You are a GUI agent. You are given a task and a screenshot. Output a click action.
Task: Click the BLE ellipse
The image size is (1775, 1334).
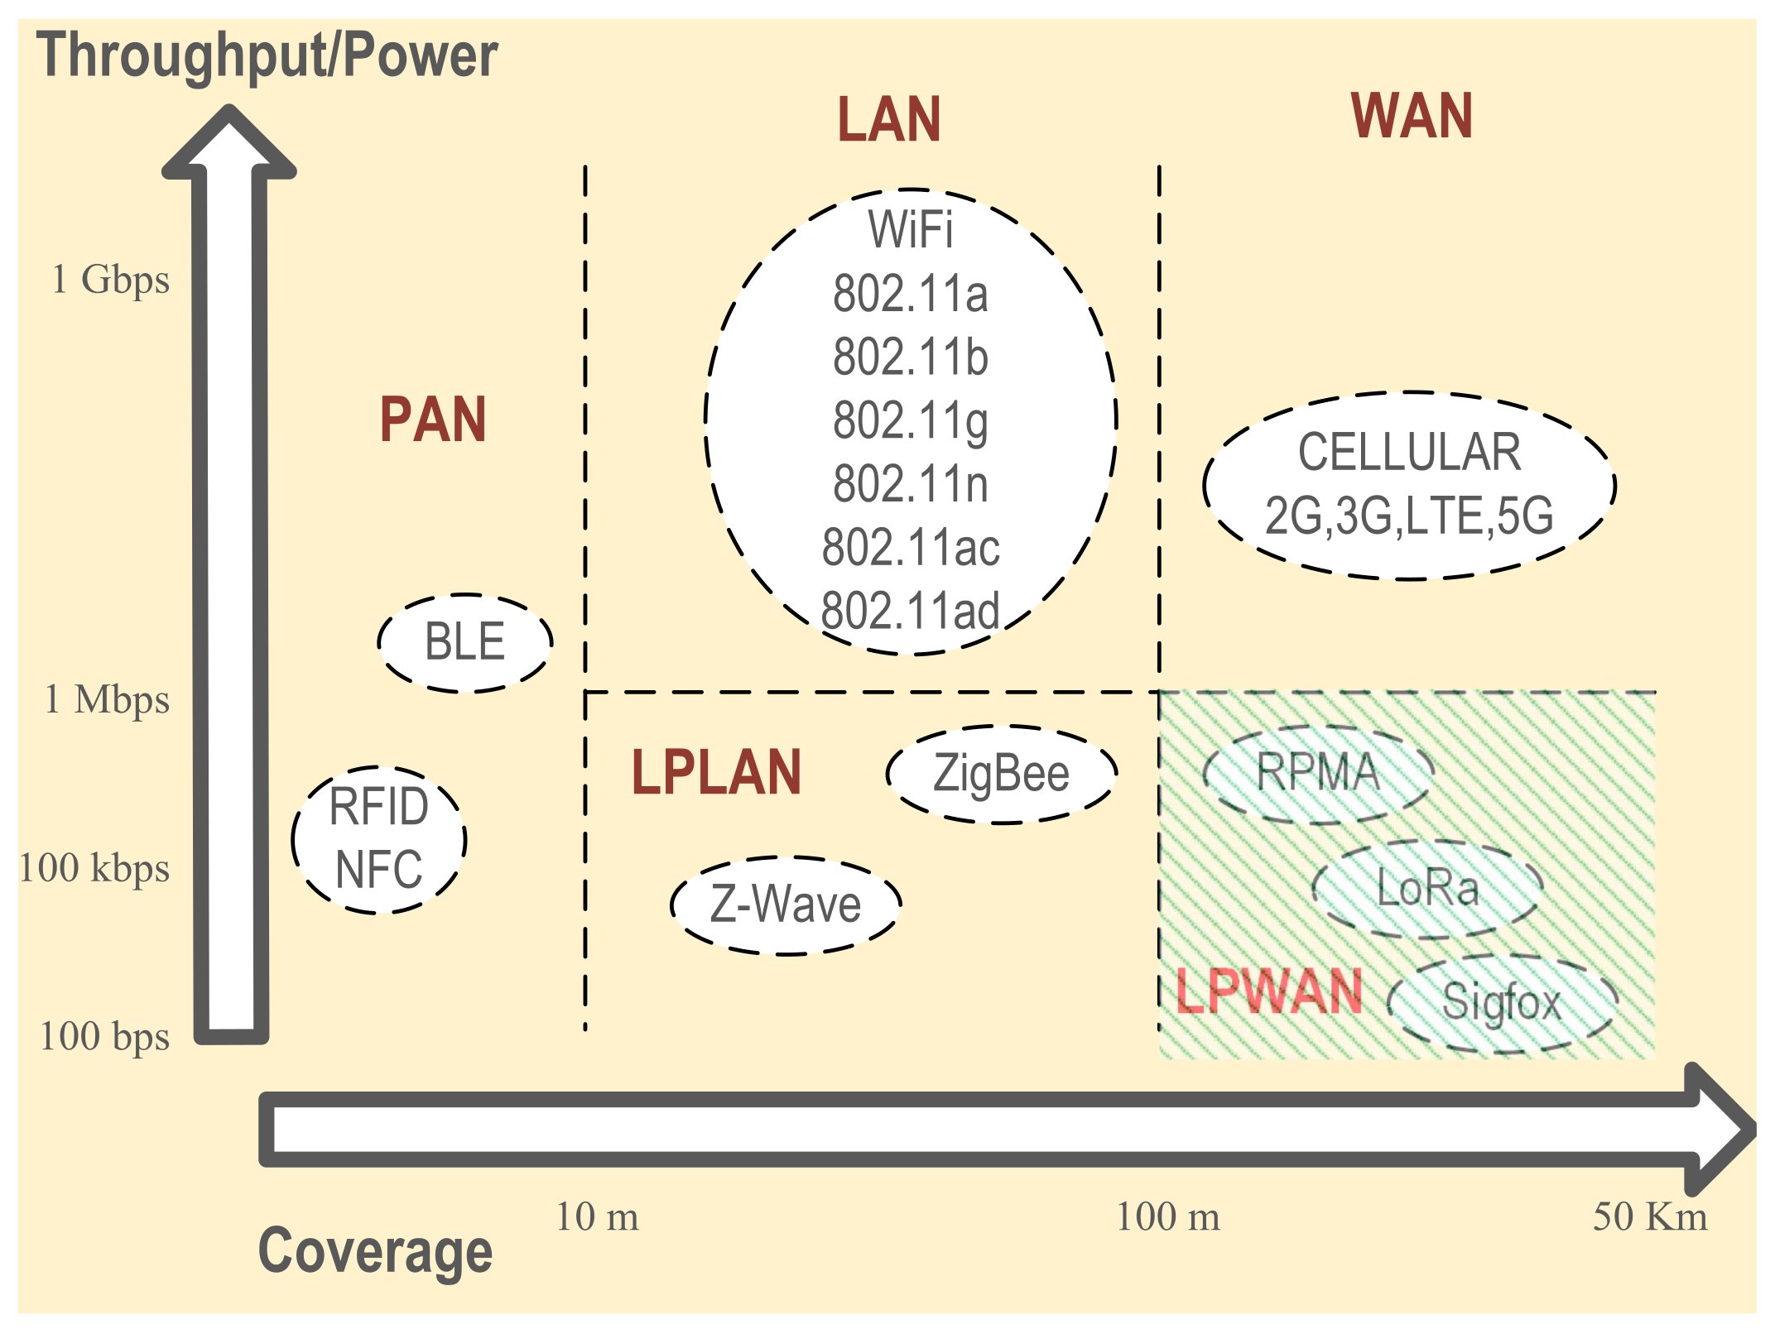pyautogui.click(x=465, y=642)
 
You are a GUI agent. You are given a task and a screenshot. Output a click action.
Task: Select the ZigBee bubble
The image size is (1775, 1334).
pyautogui.click(x=1002, y=774)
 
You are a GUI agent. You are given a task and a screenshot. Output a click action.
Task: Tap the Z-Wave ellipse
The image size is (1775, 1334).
pyautogui.click(x=786, y=905)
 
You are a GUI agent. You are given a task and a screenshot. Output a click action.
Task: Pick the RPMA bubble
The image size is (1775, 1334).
pyautogui.click(x=1318, y=774)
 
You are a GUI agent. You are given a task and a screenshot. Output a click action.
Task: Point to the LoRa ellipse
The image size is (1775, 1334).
pyautogui.click(x=1428, y=890)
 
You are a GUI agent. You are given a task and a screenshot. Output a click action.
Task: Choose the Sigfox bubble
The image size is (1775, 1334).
pyautogui.click(x=1502, y=1003)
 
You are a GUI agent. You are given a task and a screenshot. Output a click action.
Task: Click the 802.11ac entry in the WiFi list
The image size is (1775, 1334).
pyautogui.click(x=911, y=548)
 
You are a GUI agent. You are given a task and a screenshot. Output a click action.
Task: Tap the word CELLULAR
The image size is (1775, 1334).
pyautogui.click(x=1409, y=453)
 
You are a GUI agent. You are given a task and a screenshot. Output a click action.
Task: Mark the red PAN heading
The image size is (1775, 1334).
pyautogui.click(x=433, y=420)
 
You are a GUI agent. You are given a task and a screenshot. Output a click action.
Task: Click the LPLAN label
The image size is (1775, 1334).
pyautogui.click(x=716, y=773)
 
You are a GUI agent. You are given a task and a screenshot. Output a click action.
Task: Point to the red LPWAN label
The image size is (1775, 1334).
pyautogui.click(x=1268, y=991)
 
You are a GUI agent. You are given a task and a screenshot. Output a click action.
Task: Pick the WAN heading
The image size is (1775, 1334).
pyautogui.click(x=1412, y=116)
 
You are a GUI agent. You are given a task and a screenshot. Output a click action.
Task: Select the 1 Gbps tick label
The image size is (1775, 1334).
pyautogui.click(x=110, y=280)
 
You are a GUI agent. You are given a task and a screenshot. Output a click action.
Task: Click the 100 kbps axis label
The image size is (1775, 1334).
pyautogui.click(x=94, y=868)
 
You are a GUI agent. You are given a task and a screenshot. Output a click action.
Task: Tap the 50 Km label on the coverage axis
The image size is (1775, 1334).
pyautogui.click(x=1650, y=1217)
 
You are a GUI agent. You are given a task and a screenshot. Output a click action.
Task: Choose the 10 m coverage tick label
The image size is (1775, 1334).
pyautogui.click(x=597, y=1217)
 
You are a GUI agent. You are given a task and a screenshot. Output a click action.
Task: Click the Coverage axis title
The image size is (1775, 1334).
pyautogui.click(x=375, y=1251)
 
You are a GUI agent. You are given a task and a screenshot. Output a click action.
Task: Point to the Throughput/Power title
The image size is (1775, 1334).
pyautogui.click(x=267, y=55)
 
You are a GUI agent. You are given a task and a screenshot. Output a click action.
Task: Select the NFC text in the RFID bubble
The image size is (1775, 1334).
pyautogui.click(x=379, y=870)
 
